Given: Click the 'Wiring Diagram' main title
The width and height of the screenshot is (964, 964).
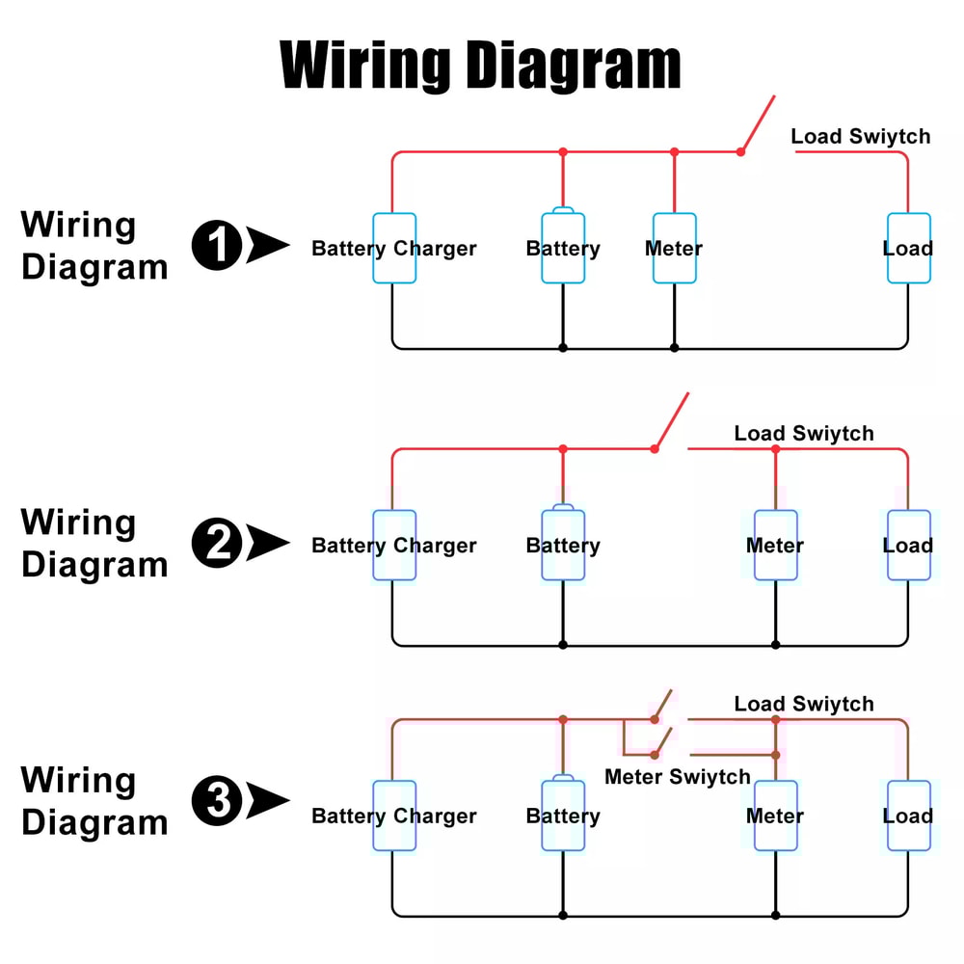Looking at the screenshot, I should (x=480, y=66).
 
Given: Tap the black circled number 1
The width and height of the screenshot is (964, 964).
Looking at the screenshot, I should (x=216, y=245).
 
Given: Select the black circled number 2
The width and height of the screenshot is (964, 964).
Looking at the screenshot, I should (x=216, y=543).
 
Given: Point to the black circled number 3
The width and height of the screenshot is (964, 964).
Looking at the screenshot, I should (x=216, y=802).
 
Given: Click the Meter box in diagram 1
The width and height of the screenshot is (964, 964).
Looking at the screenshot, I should (x=674, y=249).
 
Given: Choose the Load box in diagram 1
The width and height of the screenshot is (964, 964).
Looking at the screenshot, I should (x=908, y=249).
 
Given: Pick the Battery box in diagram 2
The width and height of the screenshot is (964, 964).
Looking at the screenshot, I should (x=563, y=546).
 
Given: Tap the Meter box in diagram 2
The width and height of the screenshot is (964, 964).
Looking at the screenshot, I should (x=775, y=546).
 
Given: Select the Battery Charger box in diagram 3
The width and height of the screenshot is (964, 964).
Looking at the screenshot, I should (x=394, y=816).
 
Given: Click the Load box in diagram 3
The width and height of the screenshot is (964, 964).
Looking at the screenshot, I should (x=908, y=816).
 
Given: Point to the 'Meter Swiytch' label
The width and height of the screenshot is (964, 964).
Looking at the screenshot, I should (x=677, y=777).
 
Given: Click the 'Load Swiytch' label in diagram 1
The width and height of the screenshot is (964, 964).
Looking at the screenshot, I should (x=861, y=136).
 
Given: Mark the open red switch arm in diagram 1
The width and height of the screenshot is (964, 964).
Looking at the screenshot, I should (x=758, y=123).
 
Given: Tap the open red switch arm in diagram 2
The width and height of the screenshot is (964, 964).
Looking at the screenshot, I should (x=672, y=421).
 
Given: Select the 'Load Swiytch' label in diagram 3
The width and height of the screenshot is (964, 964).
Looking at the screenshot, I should (x=804, y=704).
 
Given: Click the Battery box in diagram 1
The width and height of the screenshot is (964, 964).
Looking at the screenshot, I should (x=563, y=249).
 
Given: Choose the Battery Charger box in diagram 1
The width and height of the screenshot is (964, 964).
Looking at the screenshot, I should (x=394, y=249).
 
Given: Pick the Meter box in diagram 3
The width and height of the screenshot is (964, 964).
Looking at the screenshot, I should (x=775, y=816).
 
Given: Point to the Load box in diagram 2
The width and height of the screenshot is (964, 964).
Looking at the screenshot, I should (x=908, y=546).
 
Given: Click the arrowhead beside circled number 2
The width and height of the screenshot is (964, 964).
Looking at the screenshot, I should (x=266, y=543).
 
